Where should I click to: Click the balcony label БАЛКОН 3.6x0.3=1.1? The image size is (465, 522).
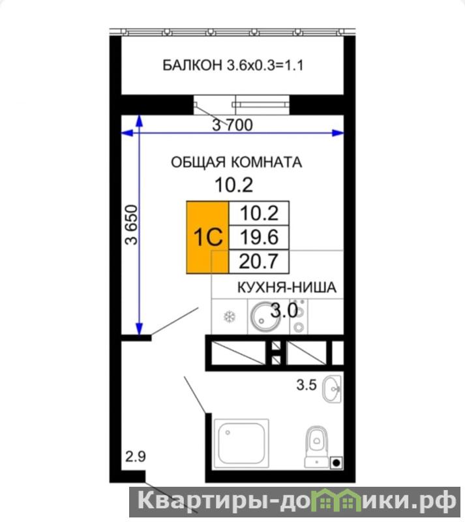[x=233, y=65]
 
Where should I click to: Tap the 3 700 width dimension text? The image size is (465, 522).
[x=233, y=125]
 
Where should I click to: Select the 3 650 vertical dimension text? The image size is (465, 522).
[x=132, y=224]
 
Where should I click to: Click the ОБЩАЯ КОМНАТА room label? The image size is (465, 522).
[x=236, y=162]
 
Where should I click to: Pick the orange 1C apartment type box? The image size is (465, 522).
[x=207, y=238]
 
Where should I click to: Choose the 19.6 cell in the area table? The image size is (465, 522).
[x=259, y=238]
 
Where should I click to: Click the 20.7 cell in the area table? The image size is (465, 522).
[x=259, y=262]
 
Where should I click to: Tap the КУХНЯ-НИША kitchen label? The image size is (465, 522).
[x=286, y=287]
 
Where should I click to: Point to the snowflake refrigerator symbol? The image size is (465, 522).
[x=230, y=316]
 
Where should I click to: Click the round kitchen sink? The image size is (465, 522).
[x=265, y=316]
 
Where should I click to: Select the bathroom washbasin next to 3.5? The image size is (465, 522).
[x=332, y=389]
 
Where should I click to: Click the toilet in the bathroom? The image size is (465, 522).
[x=316, y=447]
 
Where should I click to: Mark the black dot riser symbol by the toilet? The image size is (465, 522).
[x=336, y=463]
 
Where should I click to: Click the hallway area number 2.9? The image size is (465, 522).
[x=136, y=456]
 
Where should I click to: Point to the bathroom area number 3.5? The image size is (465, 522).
[x=307, y=385]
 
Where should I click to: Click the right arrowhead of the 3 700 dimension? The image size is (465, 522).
[x=339, y=133]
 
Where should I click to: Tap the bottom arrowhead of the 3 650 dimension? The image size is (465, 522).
[x=139, y=329]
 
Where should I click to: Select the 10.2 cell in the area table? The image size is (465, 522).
[x=259, y=213]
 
